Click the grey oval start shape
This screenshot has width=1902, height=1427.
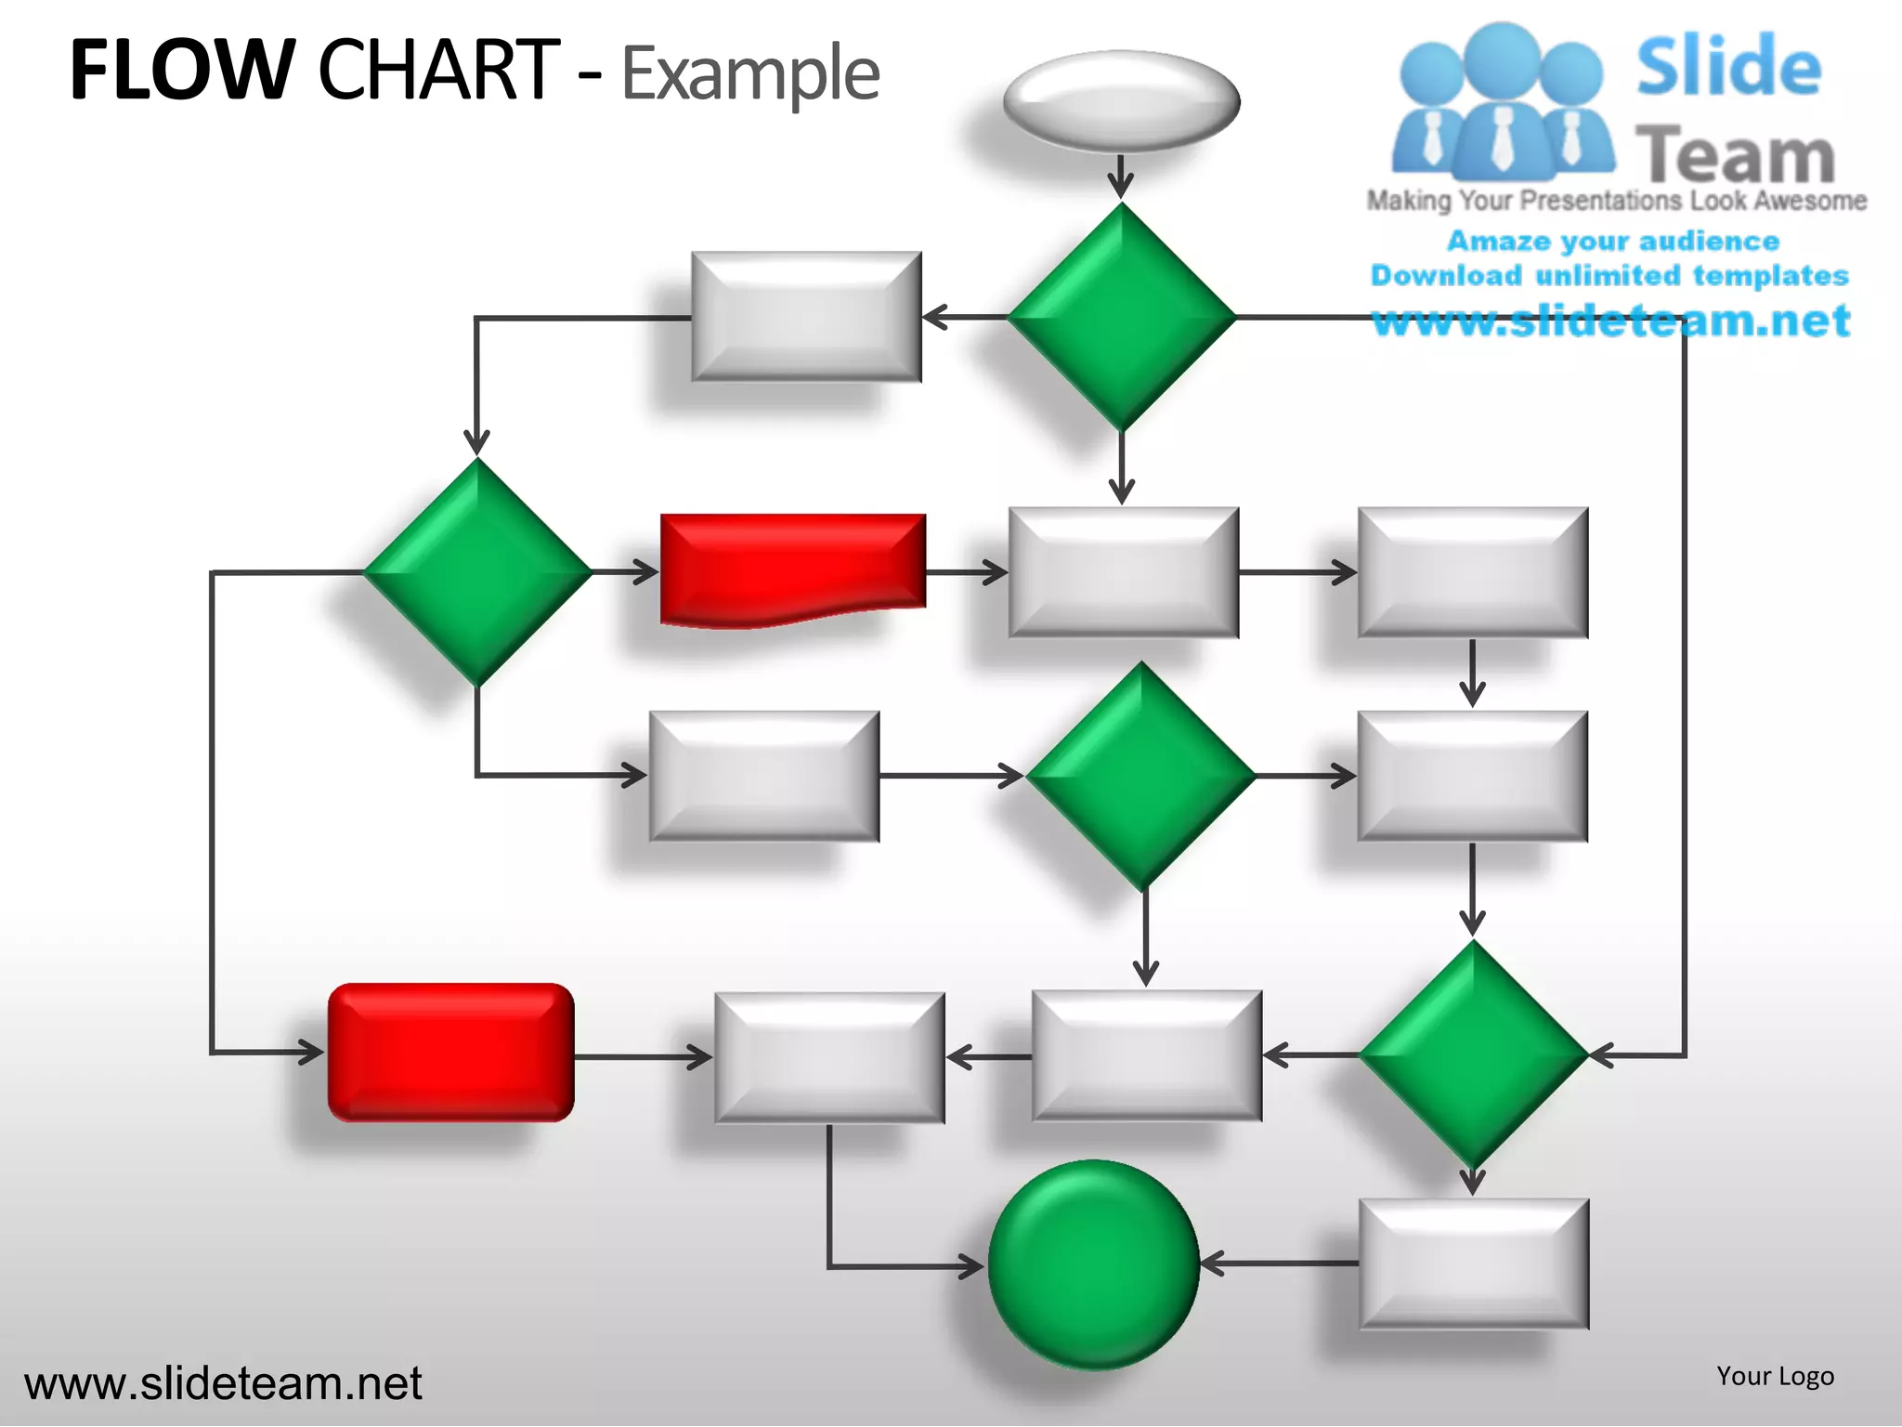(1121, 101)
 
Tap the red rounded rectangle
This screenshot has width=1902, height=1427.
(451, 1053)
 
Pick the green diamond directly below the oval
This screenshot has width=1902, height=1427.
(1122, 317)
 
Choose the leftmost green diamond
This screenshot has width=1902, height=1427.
(477, 572)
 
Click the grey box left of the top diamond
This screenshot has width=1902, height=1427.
(806, 317)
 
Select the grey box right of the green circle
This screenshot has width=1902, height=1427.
(1473, 1263)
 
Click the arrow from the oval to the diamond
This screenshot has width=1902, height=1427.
(1121, 177)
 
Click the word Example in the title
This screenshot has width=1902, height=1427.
(750, 73)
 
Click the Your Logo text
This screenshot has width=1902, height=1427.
(1775, 1376)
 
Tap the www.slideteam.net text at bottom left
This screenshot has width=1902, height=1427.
(223, 1383)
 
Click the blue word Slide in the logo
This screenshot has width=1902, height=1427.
(1728, 66)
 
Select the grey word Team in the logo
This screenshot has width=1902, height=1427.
(1734, 155)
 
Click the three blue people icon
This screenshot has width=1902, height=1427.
(1502, 102)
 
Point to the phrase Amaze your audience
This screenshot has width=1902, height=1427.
(1613, 242)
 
